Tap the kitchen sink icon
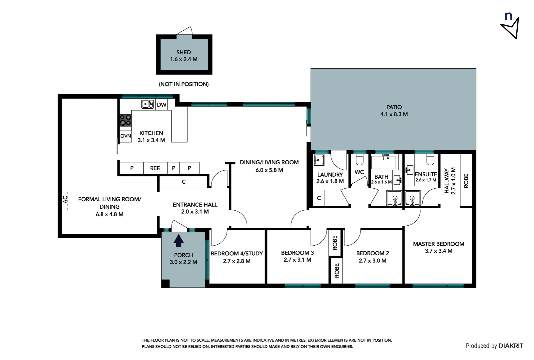click(147, 104)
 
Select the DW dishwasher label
click(162, 105)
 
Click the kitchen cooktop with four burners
click(126, 120)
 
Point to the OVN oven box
click(126, 136)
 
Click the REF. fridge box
click(155, 168)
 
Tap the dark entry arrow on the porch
click(179, 240)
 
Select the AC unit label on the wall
click(65, 200)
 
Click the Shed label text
click(184, 52)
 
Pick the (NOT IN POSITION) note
click(184, 84)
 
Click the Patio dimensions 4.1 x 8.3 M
click(394, 114)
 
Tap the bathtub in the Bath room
click(383, 162)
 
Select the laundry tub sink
click(319, 160)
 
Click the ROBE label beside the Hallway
click(466, 181)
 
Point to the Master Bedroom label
click(438, 244)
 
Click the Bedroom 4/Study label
click(237, 253)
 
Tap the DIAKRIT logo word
click(511, 346)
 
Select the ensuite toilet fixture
click(430, 160)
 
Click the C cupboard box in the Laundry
click(319, 198)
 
